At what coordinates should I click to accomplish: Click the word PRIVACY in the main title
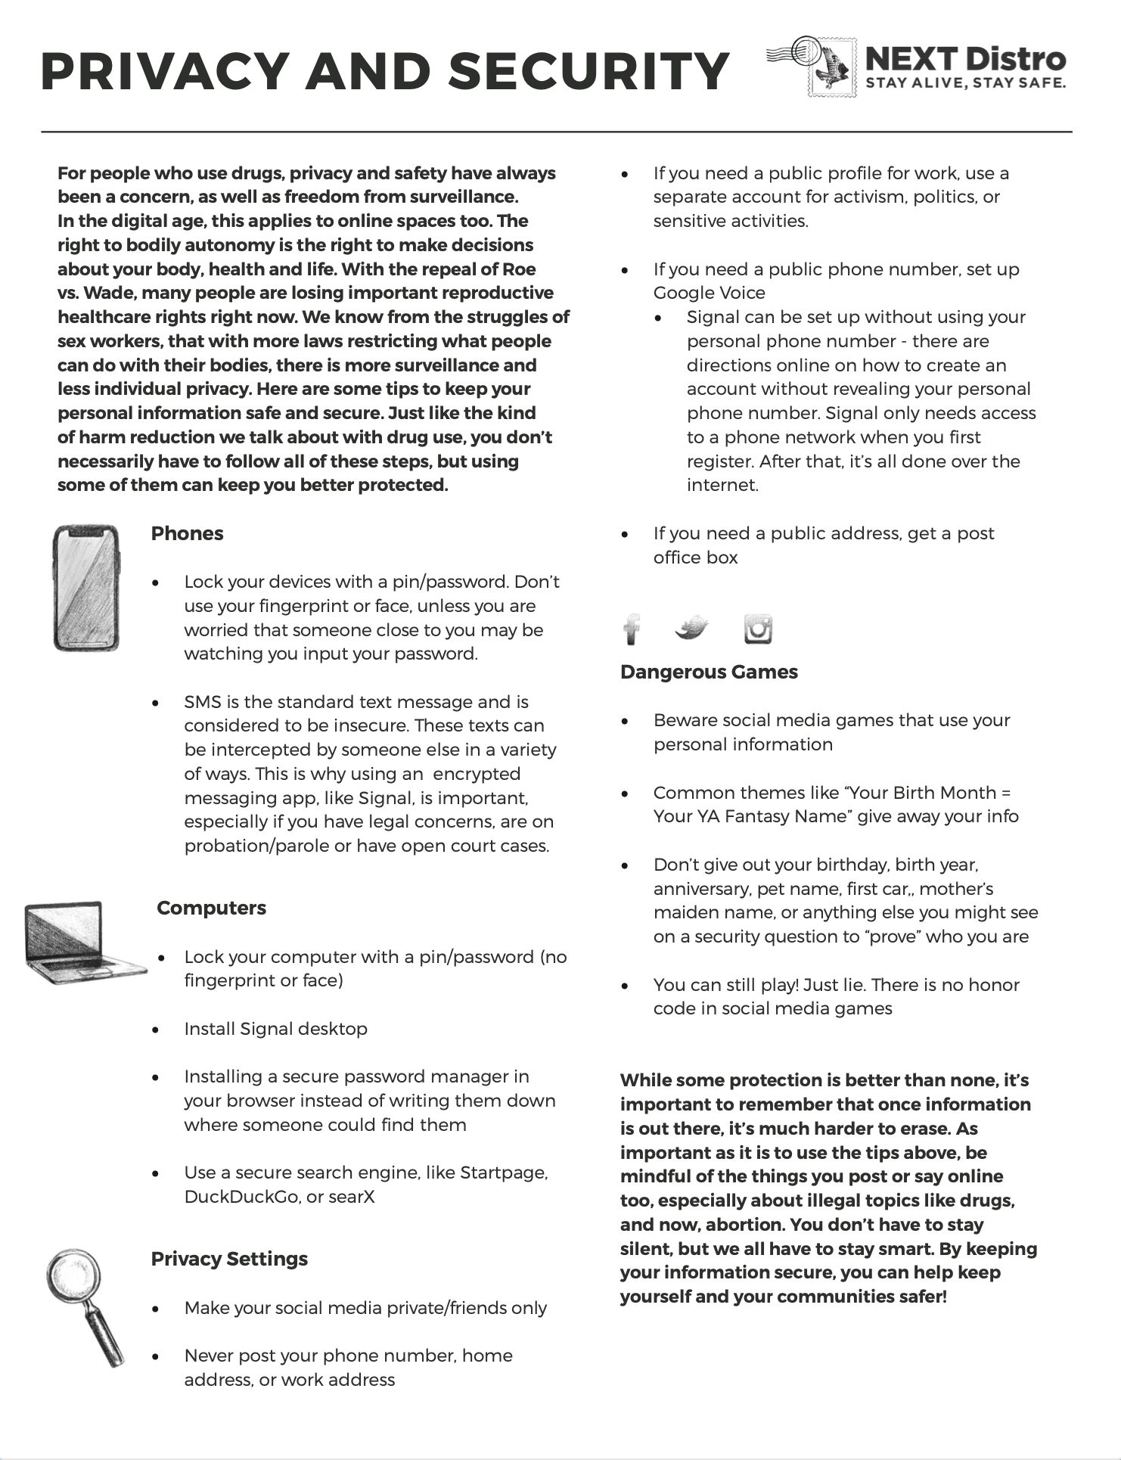click(163, 72)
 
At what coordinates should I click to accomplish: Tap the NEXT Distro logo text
click(964, 59)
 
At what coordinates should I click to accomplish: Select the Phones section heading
click(187, 533)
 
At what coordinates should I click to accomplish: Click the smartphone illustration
click(86, 588)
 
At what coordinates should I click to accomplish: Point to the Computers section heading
click(211, 908)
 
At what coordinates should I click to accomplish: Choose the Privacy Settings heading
click(229, 1259)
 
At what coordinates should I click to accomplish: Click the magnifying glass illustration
click(83, 1305)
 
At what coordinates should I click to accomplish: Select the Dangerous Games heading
click(709, 672)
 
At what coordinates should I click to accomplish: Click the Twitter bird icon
click(691, 628)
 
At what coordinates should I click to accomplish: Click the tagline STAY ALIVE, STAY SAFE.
click(965, 83)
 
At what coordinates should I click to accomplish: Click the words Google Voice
click(709, 293)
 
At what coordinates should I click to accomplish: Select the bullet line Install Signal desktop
click(275, 1029)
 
